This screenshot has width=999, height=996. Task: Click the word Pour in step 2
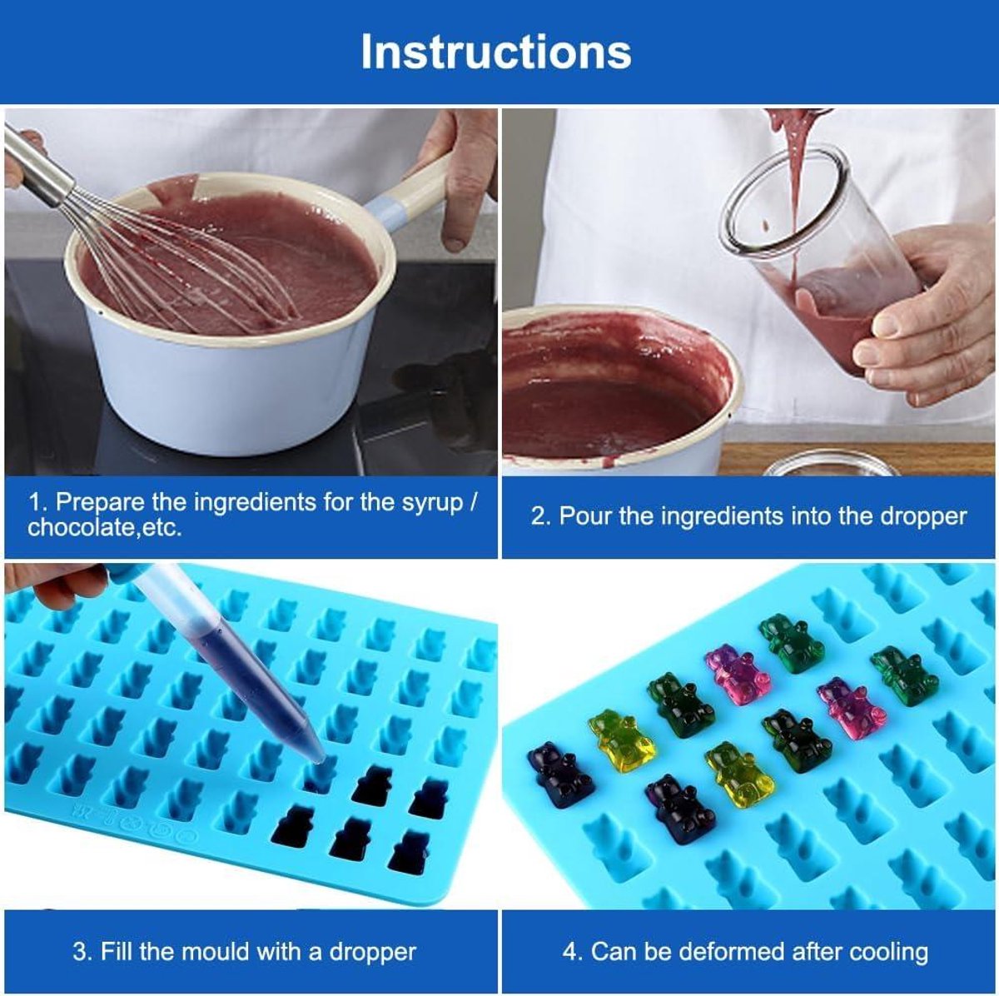pyautogui.click(x=586, y=516)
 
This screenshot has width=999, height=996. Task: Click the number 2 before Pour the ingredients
pyautogui.click(x=537, y=517)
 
